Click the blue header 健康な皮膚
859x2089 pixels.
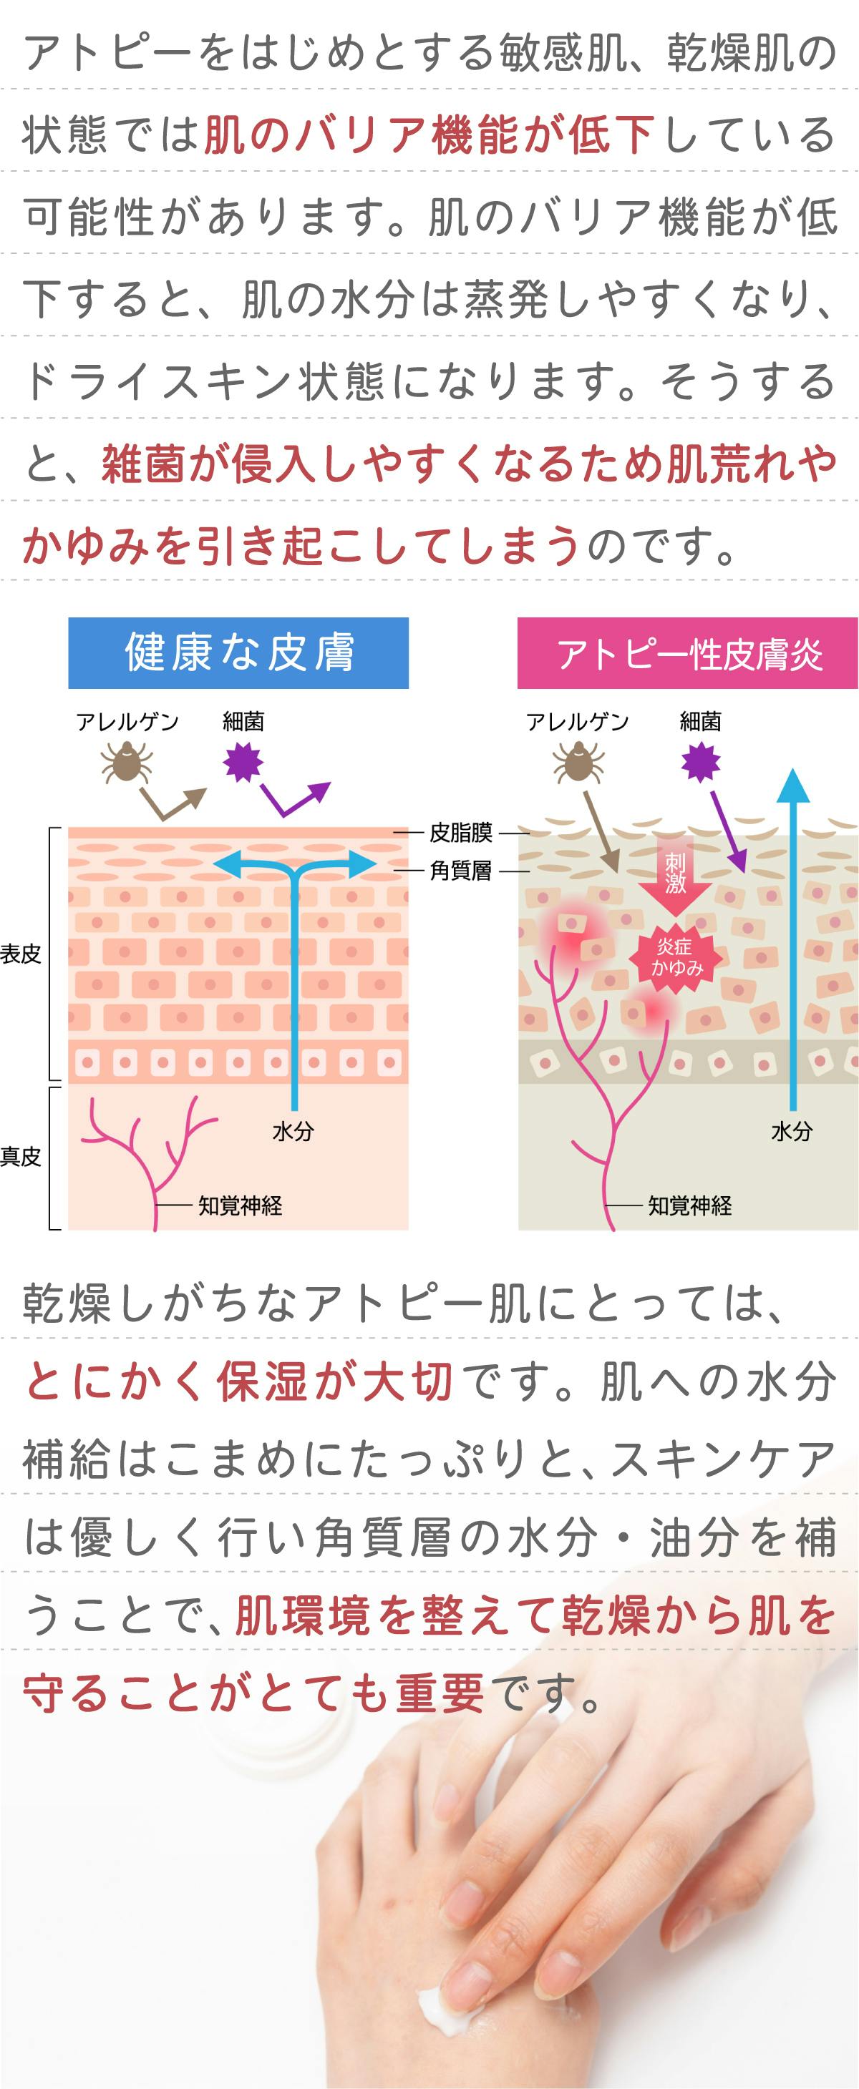(238, 652)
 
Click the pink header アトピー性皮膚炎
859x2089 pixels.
(688, 652)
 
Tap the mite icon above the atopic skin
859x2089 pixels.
(577, 763)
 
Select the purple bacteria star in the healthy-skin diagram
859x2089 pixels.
(243, 763)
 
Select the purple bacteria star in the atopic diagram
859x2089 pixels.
(700, 763)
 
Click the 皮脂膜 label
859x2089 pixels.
(461, 833)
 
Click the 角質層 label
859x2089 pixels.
(461, 871)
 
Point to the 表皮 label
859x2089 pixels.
(20, 954)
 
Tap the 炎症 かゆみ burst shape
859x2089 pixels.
(676, 957)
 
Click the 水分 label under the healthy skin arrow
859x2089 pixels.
(293, 1131)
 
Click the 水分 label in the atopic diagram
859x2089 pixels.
(792, 1131)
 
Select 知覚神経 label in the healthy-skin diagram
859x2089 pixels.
(240, 1206)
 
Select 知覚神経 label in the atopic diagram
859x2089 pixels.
(689, 1206)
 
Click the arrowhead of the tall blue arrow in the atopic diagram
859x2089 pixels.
(793, 787)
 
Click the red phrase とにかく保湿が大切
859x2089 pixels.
(239, 1381)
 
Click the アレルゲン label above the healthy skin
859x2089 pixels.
(127, 722)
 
